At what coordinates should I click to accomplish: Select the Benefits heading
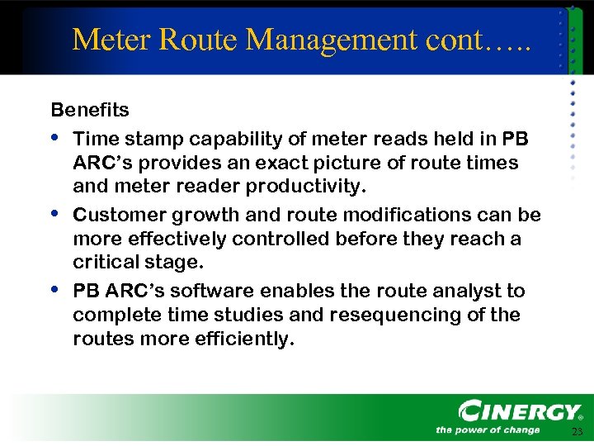pos(90,110)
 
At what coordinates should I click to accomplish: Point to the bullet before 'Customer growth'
pos(55,212)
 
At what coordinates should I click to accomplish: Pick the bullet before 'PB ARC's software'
pos(55,289)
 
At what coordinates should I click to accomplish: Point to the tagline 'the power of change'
pos(488,429)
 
